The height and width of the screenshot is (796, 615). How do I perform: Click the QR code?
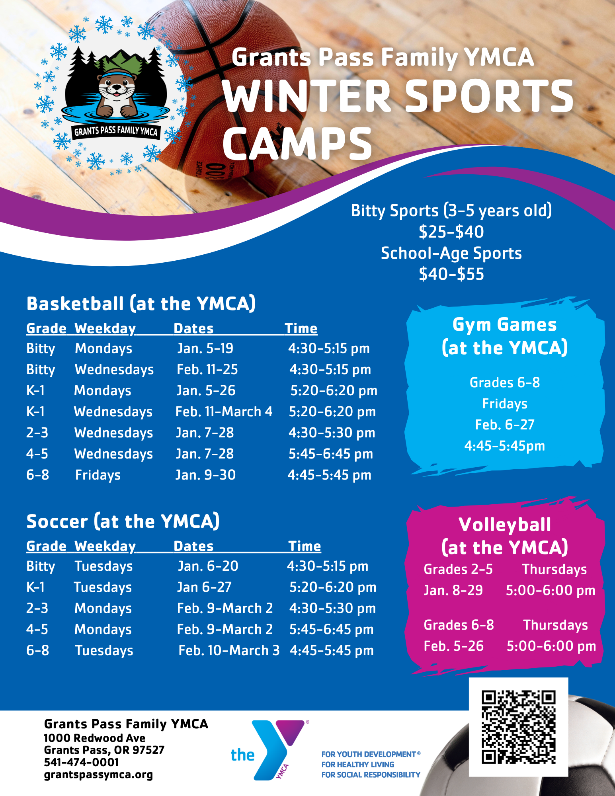pos(518,727)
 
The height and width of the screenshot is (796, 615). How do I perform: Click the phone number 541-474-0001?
pos(81,762)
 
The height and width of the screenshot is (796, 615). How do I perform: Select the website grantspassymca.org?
pos(98,775)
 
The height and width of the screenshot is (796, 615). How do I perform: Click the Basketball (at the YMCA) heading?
pos(141,304)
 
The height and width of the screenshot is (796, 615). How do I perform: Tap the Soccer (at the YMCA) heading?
pos(123,521)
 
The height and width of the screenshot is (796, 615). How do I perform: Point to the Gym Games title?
pos(504,325)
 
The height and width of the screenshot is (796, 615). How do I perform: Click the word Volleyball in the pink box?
pos(505,525)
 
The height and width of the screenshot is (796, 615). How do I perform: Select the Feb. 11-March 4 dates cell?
pos(224,412)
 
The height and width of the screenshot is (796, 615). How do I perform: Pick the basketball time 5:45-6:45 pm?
pos(331,454)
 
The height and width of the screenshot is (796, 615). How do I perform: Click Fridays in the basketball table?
pos(98,475)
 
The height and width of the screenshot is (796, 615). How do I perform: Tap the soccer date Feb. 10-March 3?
pos(229,650)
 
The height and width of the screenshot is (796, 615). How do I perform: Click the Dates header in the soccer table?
pos(193,546)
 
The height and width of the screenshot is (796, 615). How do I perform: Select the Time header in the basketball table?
pos(301,328)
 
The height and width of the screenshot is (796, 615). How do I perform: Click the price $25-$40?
pos(451,232)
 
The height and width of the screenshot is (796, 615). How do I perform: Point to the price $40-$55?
pos(451,274)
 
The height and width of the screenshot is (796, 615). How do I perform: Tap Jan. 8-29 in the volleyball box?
pos(453,590)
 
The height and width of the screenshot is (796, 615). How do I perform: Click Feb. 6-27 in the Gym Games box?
pos(504,425)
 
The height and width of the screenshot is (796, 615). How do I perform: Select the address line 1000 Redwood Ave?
pos(94,738)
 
